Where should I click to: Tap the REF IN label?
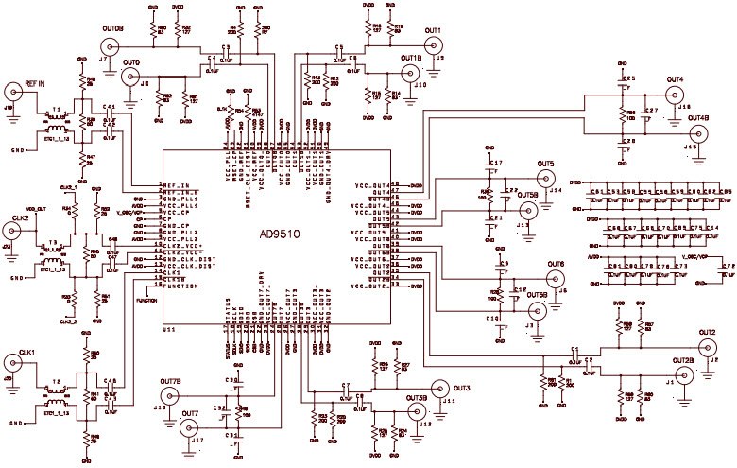click(35, 84)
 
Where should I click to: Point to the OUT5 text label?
click(546, 165)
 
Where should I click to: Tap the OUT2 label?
click(707, 333)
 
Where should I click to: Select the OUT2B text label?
click(683, 360)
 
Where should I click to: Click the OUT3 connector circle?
click(439, 388)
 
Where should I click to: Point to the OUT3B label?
click(417, 399)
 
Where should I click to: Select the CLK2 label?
click(21, 217)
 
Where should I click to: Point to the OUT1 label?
click(433, 30)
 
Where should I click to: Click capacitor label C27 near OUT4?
click(650, 111)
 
